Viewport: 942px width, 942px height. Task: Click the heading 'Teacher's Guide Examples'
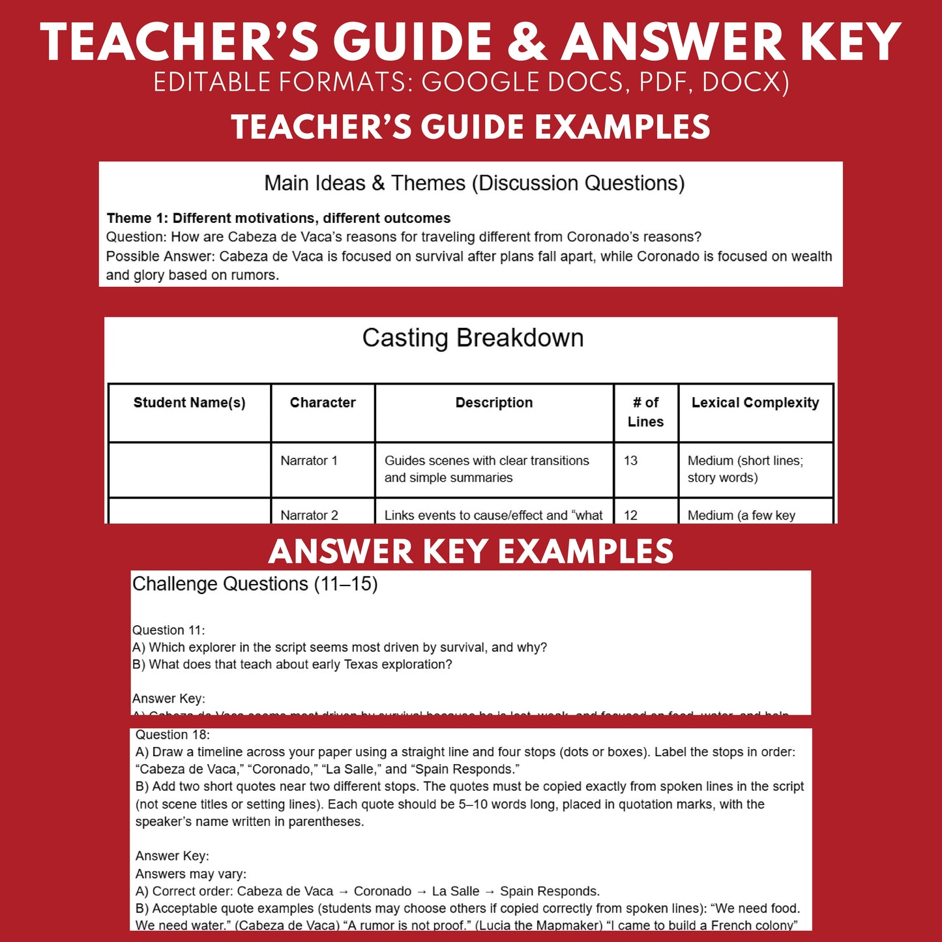471,127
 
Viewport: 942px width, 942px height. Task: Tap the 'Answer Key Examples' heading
471,552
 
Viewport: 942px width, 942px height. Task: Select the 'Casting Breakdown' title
473,338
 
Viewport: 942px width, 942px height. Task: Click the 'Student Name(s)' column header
189,403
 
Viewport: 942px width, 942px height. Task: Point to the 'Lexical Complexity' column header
755,403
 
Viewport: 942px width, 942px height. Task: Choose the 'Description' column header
494,403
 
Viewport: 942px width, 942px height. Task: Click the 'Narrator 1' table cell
309,461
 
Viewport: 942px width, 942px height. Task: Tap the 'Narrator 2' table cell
309,515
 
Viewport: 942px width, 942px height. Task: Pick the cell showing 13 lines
630,461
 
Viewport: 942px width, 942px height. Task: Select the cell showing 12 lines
630,515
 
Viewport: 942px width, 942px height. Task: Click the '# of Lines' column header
645,412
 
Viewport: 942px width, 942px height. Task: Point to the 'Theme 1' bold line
278,218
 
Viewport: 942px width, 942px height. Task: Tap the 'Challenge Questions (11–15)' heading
255,584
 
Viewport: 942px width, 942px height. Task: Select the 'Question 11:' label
168,630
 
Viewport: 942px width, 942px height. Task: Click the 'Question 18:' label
172,735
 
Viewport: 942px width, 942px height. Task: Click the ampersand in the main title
527,42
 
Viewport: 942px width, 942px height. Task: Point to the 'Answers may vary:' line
190,874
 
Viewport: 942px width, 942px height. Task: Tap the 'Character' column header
323,403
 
